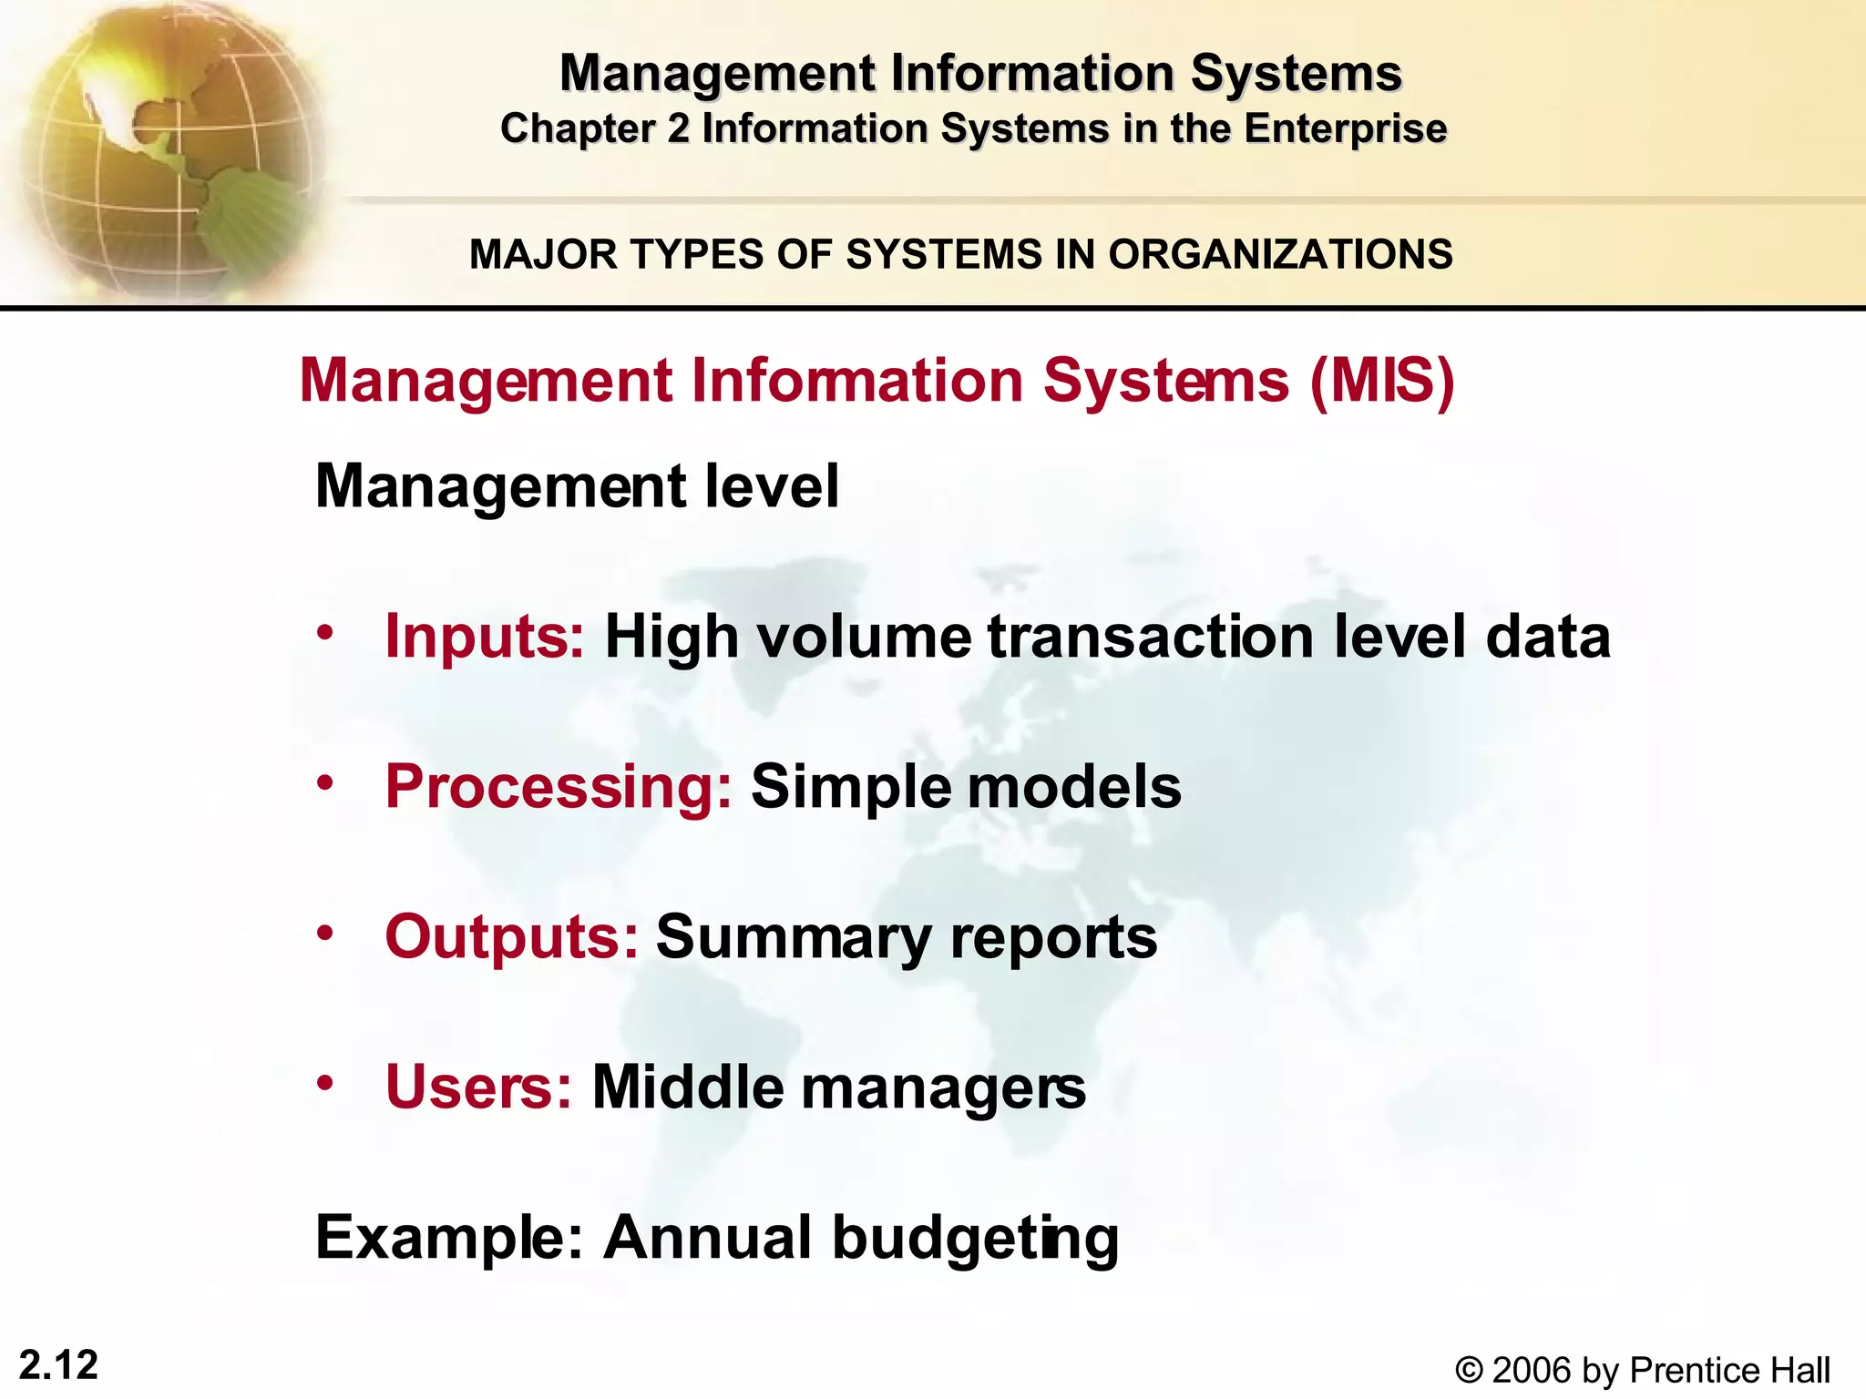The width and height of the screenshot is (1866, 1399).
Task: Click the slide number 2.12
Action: tap(58, 1365)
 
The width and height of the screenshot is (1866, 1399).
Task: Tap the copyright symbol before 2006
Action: tap(1468, 1370)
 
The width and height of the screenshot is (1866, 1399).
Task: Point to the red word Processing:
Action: tap(559, 786)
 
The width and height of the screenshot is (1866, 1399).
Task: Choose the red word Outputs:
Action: tap(511, 936)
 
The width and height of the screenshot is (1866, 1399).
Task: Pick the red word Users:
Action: tap(479, 1087)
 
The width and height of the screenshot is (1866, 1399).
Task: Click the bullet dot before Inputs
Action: tap(325, 632)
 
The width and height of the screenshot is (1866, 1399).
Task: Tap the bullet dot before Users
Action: tap(325, 1083)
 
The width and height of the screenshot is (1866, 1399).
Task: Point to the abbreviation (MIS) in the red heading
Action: tap(1382, 380)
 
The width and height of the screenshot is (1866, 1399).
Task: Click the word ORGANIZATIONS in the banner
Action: tap(1280, 254)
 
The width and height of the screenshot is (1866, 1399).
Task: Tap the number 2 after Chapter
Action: tap(678, 128)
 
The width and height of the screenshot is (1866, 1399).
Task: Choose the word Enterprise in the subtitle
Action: tap(1346, 128)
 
